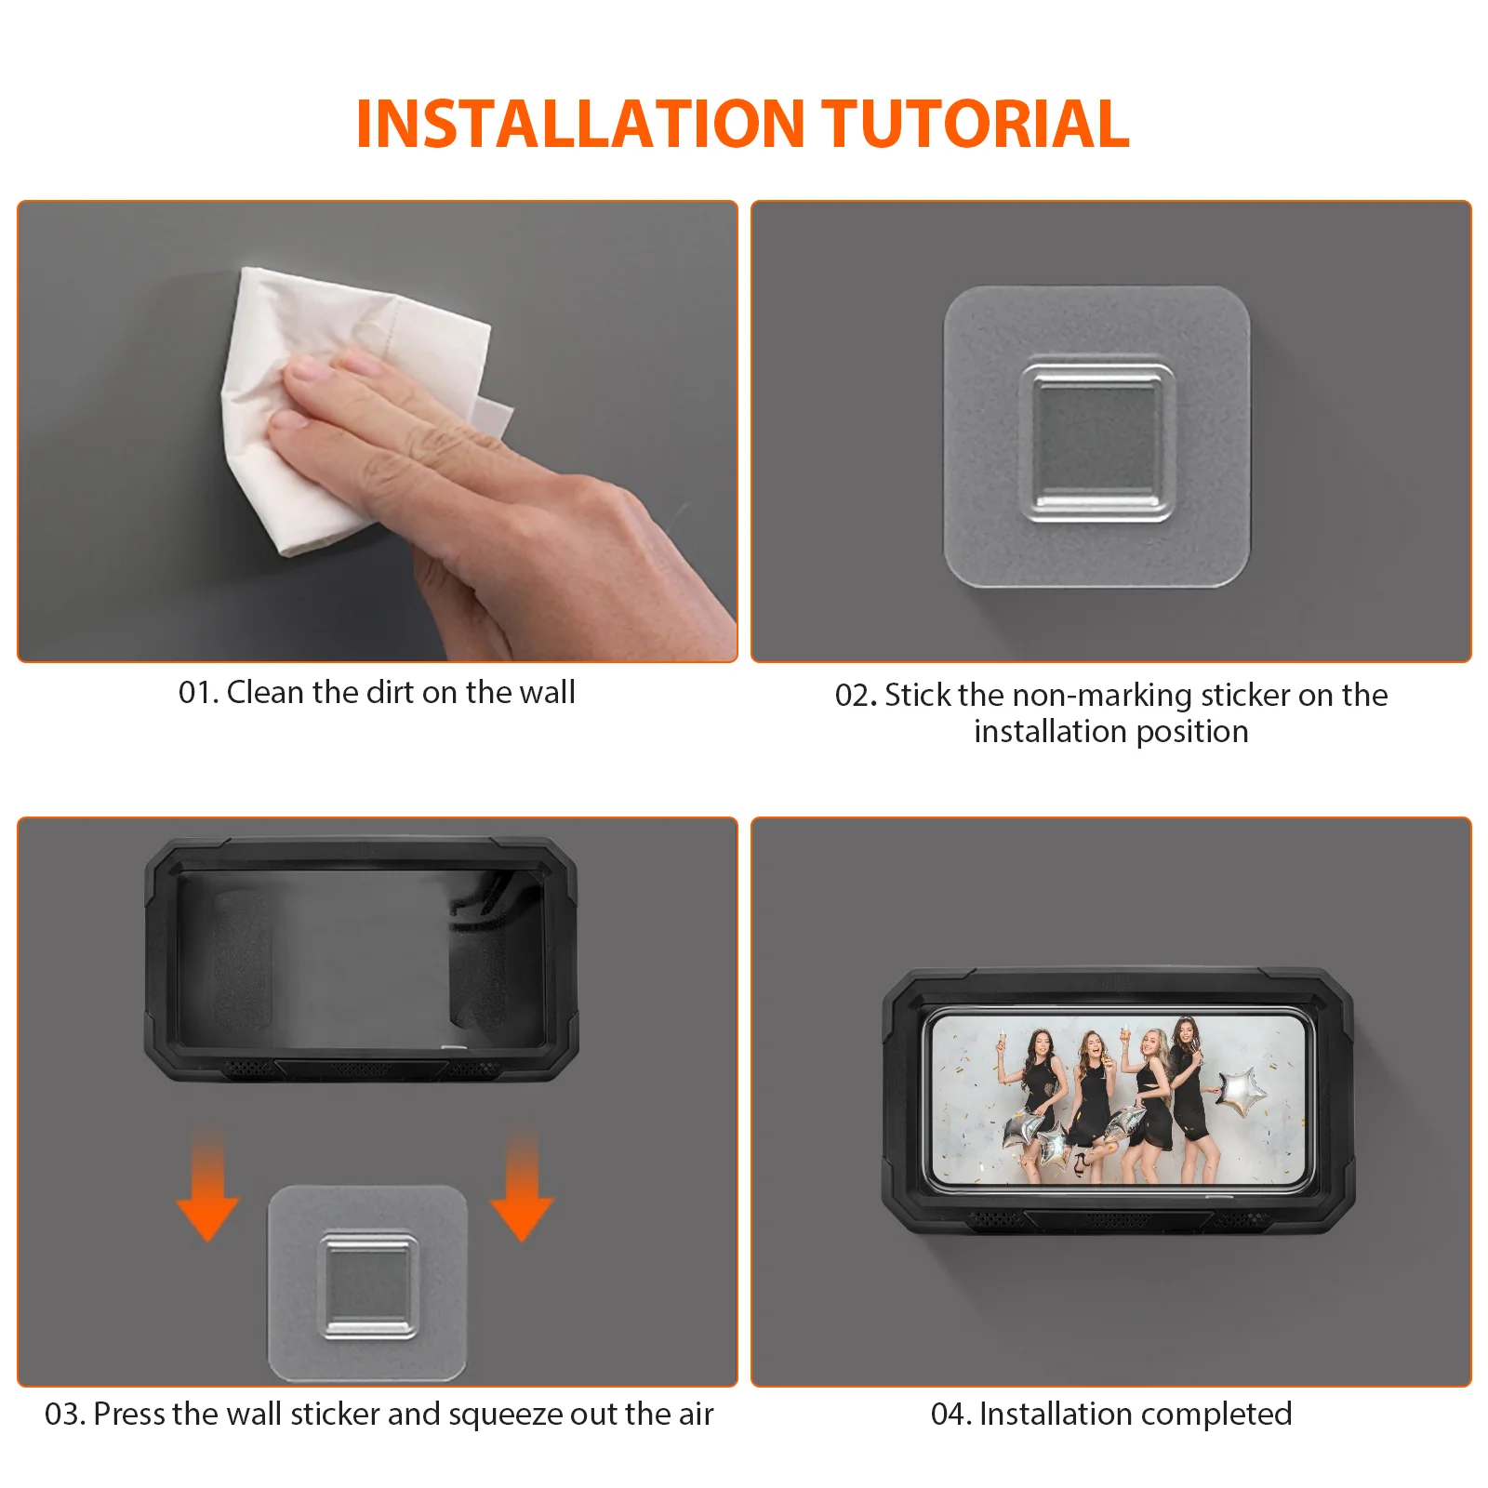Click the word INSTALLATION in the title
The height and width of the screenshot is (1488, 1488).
coord(580,124)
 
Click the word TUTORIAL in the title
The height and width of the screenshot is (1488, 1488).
coord(976,124)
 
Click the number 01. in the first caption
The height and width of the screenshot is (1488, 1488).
coord(198,693)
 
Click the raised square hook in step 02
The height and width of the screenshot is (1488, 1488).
coord(1097,443)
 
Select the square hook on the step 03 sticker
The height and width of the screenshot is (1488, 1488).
coord(368,1286)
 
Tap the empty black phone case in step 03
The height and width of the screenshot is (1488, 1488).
coord(361,960)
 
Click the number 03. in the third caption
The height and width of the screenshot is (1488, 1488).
coord(65,1415)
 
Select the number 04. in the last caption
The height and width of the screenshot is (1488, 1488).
coord(951,1415)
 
